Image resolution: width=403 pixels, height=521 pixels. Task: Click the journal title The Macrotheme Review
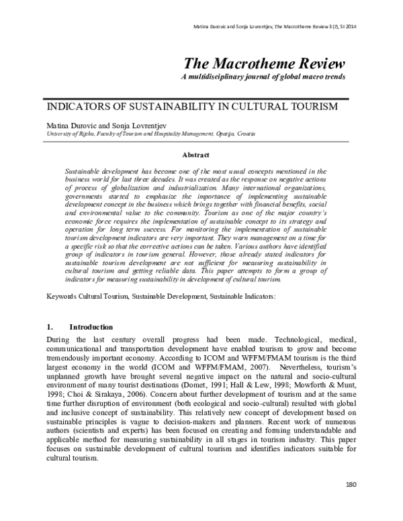[x=265, y=64]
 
